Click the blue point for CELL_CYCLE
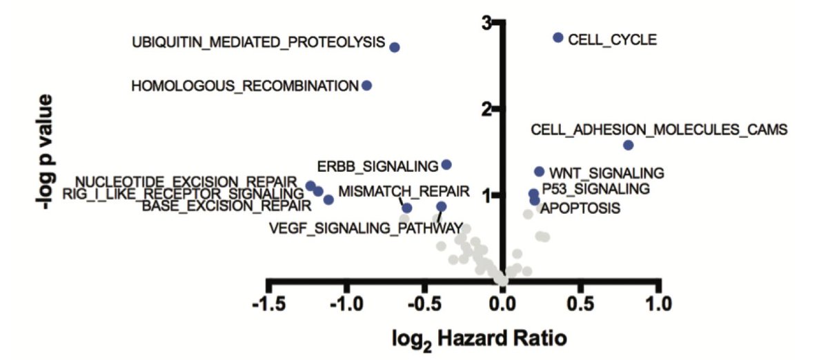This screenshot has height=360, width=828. click(x=558, y=37)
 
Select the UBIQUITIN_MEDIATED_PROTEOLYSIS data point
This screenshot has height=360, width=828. click(x=395, y=47)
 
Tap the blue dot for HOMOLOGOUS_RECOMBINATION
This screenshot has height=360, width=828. click(x=367, y=85)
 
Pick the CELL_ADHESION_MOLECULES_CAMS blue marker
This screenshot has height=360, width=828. click(x=628, y=145)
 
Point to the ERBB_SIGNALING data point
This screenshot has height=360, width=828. click(x=446, y=164)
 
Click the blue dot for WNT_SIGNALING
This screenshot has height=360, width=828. click(x=539, y=171)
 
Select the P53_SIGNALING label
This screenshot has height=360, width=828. click(x=595, y=188)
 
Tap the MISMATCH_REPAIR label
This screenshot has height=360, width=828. click(x=404, y=190)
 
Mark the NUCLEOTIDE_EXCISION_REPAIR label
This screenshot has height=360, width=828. click(x=186, y=181)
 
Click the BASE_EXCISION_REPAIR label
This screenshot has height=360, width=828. click(x=226, y=205)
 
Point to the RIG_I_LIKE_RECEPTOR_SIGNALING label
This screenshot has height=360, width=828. click(x=183, y=193)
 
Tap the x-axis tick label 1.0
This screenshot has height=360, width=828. click(x=660, y=303)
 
